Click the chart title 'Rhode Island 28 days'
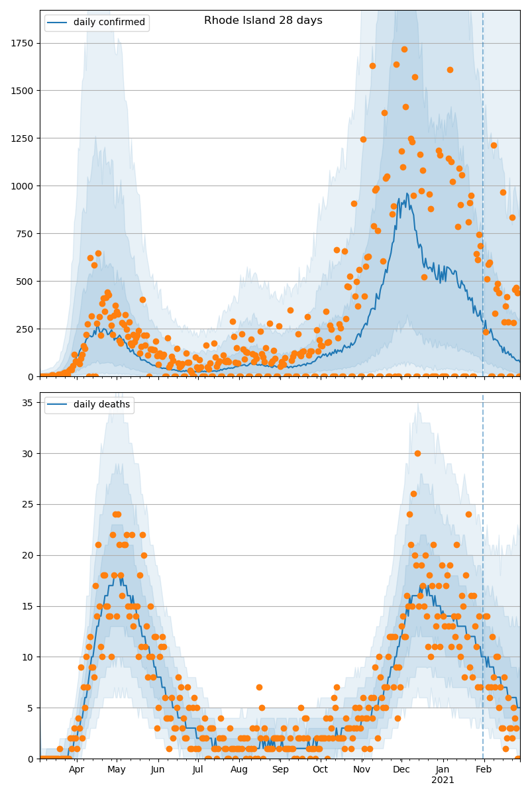(263, 21)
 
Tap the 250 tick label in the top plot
(26, 329)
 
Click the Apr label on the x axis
(76, 769)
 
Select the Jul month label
(198, 769)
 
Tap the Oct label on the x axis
(320, 769)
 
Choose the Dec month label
(401, 769)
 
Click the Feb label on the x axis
(484, 769)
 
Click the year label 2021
(443, 780)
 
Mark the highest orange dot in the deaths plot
(417, 453)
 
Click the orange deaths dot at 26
(413, 494)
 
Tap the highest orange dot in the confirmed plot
(404, 49)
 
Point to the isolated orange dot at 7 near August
(259, 687)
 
